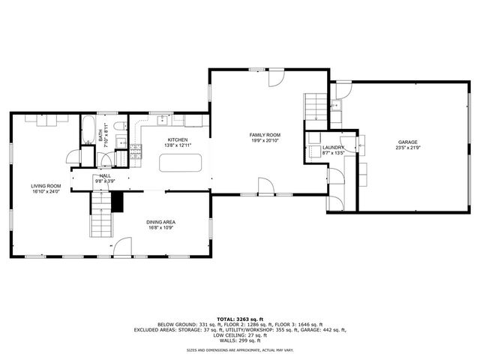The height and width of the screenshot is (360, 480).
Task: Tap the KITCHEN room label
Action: (177, 140)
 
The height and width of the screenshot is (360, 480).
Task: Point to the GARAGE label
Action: (408, 142)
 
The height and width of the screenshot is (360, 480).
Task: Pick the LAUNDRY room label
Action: (333, 148)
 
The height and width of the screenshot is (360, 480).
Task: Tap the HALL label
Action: (105, 175)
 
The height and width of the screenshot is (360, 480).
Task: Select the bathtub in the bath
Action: (87, 129)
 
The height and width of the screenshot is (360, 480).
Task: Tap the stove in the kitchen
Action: (136, 152)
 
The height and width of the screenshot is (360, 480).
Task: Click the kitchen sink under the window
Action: (162, 118)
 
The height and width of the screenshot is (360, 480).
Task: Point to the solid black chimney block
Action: (116, 201)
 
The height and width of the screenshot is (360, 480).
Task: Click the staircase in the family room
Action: (315, 107)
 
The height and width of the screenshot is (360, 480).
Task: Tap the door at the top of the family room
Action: (275, 76)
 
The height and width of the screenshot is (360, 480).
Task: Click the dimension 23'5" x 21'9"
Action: (408, 148)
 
